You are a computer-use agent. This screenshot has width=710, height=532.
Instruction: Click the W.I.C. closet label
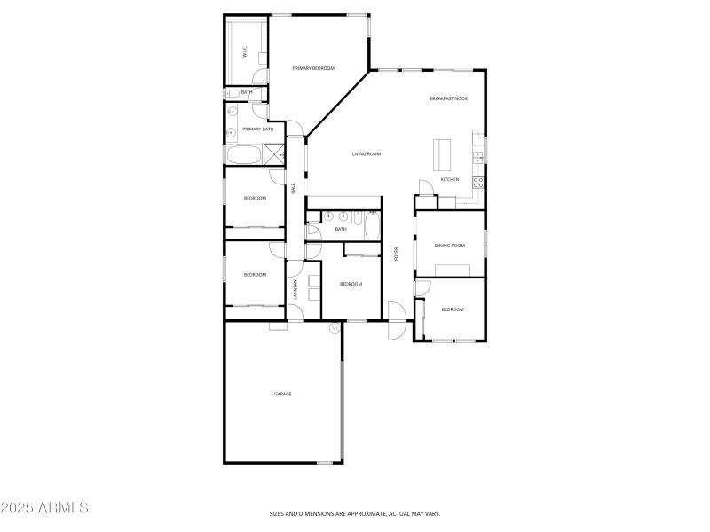[246, 51]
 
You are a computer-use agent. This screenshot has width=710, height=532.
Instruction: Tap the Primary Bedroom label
[313, 68]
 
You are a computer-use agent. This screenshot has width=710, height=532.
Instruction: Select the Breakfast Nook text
[448, 98]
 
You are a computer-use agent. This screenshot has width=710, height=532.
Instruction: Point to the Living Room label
[366, 154]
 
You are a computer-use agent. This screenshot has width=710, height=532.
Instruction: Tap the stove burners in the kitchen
[477, 183]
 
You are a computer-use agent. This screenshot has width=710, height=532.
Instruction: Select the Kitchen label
[450, 180]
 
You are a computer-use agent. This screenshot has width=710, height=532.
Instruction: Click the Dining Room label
[449, 246]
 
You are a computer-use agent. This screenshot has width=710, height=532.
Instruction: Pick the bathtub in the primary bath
[242, 156]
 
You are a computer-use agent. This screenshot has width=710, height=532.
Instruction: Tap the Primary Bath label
[257, 129]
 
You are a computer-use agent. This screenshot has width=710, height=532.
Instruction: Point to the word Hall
[294, 188]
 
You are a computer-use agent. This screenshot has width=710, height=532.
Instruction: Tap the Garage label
[282, 394]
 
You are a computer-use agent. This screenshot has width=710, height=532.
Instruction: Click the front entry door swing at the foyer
[396, 321]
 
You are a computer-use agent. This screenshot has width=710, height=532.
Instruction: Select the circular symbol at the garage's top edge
[335, 328]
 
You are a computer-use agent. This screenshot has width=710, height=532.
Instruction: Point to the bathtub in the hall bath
[372, 226]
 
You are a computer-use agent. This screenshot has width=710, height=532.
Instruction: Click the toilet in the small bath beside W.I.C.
[230, 92]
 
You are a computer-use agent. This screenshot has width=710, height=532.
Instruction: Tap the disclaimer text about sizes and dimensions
[355, 513]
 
